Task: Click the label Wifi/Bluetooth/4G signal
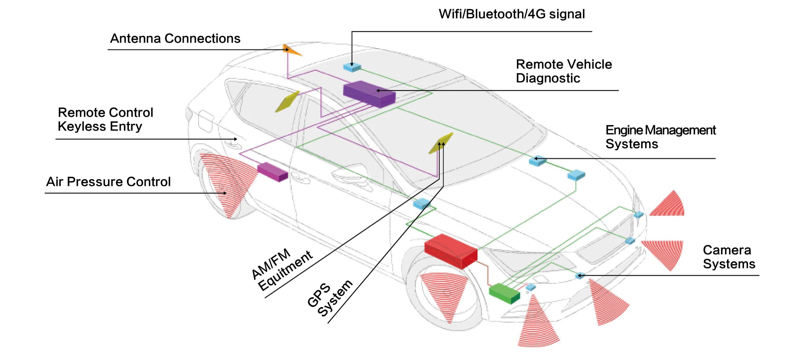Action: [512, 14]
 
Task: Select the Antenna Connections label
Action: [175, 39]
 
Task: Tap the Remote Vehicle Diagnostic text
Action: [564, 71]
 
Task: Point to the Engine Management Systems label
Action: [661, 137]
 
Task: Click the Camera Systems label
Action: [729, 257]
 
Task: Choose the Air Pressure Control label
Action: [108, 182]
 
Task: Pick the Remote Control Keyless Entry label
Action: [105, 119]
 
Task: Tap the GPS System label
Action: [330, 299]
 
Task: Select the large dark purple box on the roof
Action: [369, 94]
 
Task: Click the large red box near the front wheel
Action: [451, 251]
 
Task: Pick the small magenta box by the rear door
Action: [272, 172]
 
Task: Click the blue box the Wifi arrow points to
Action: [352, 67]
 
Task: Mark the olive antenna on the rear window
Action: [287, 102]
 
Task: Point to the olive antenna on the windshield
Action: [441, 143]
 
